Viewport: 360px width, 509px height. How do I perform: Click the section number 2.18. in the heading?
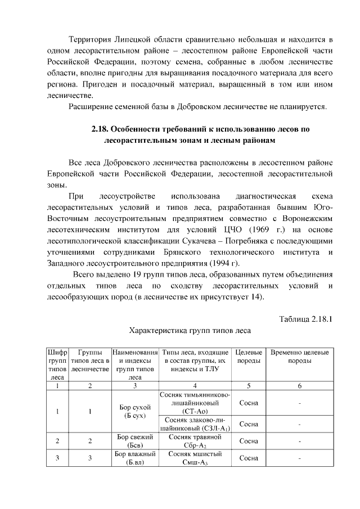point(102,129)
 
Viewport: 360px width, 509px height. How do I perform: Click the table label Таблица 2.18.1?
point(307,319)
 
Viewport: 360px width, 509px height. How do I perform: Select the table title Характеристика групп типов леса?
point(190,331)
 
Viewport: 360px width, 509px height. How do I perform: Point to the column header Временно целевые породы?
point(300,356)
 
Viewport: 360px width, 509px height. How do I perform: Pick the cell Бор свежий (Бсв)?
point(134,440)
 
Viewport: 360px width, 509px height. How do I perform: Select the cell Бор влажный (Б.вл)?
point(134,458)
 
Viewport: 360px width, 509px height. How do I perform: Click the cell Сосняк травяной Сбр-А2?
point(195,440)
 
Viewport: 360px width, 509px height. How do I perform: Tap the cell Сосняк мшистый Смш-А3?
point(195,458)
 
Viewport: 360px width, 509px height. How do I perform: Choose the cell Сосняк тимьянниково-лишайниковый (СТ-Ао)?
point(195,403)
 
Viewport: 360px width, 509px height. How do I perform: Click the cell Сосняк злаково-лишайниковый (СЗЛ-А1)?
point(195,424)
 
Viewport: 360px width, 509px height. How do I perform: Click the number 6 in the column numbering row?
point(300,385)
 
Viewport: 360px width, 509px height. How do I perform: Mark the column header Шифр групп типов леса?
point(57,364)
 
